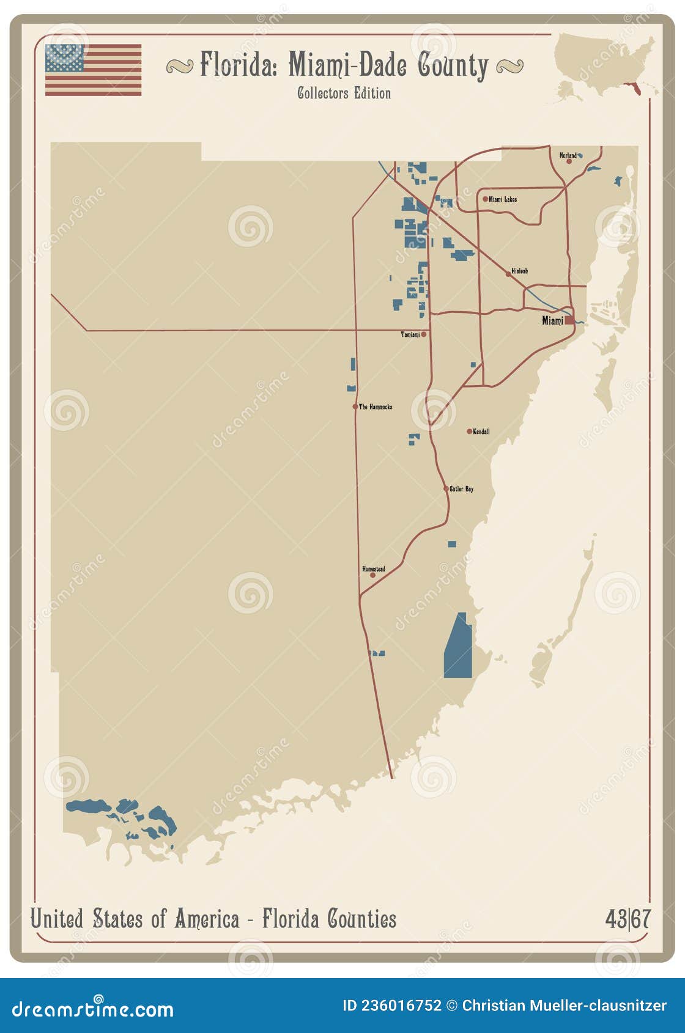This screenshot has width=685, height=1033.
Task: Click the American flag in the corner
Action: click(x=93, y=70)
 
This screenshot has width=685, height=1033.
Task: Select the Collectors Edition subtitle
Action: click(x=344, y=94)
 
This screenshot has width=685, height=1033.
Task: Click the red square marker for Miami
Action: click(x=569, y=320)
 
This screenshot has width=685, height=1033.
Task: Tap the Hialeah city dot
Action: click(x=508, y=274)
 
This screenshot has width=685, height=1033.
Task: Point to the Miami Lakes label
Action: click(x=503, y=199)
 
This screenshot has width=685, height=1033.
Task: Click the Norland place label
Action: click(x=567, y=155)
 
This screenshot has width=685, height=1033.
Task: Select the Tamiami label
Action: click(x=410, y=334)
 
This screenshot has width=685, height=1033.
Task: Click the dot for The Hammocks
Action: click(x=355, y=406)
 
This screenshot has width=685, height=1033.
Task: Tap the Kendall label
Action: click(x=481, y=432)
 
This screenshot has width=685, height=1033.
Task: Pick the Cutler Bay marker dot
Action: click(x=446, y=489)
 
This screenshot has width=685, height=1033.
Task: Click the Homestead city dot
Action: click(x=372, y=575)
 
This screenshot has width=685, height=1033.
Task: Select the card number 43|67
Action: click(x=628, y=919)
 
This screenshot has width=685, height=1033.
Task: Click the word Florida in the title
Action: click(x=239, y=65)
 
